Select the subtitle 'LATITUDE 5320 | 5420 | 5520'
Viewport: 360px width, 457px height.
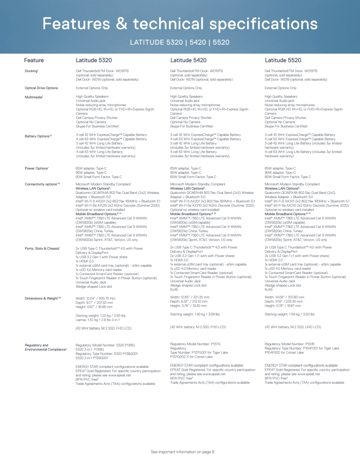point(180,42)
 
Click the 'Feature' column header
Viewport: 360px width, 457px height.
point(34,60)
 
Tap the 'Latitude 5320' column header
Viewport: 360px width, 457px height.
point(94,60)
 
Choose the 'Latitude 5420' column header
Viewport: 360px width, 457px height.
point(188,60)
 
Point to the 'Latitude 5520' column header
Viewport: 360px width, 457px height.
point(283,60)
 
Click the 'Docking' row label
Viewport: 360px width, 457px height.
point(31,71)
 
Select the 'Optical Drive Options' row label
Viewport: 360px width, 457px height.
point(41,88)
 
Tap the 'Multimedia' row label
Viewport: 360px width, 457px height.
point(34,97)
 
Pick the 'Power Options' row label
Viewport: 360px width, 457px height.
point(37,168)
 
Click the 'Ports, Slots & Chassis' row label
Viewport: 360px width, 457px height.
point(42,248)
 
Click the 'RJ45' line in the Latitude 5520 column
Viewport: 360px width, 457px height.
point(269,289)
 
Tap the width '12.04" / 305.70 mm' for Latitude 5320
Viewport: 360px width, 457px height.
point(95,298)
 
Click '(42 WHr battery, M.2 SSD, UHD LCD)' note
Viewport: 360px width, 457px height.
point(293,327)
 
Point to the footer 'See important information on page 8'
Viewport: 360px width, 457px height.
point(182,452)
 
